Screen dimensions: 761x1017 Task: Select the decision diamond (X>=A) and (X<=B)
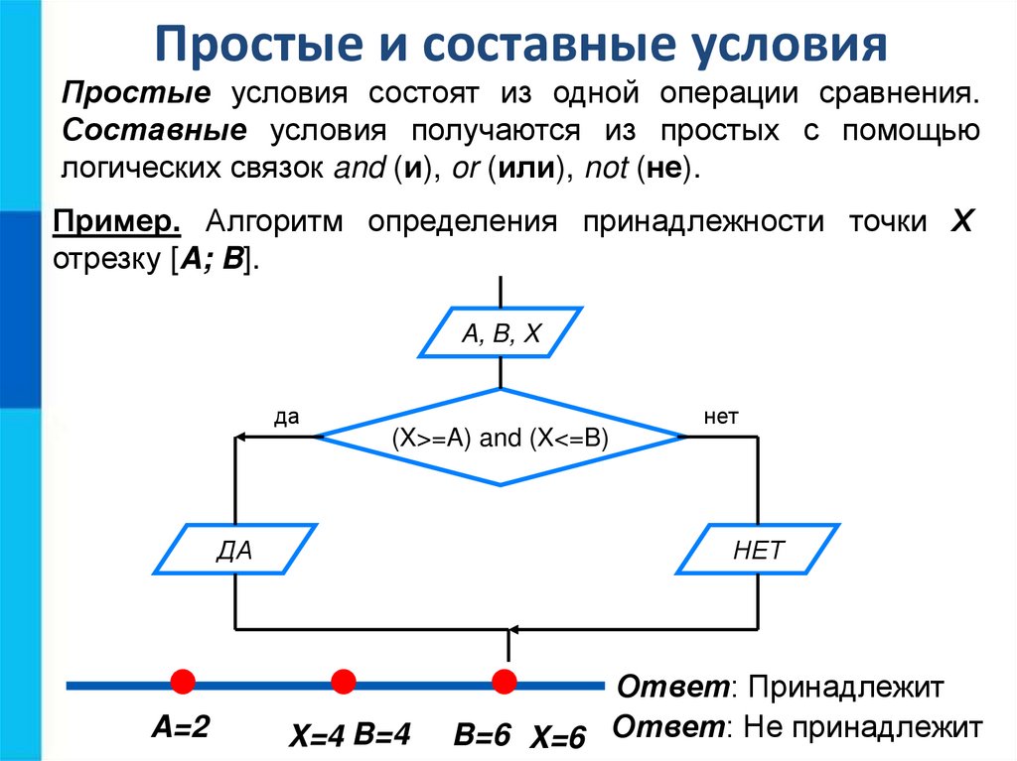(500, 437)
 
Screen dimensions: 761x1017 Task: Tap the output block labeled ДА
(234, 550)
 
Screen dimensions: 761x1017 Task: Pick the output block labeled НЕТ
(758, 550)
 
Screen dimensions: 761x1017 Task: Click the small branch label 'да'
(287, 417)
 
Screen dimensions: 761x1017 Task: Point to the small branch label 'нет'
(721, 417)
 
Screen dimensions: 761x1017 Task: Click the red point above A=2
(182, 681)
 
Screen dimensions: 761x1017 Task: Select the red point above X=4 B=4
(344, 681)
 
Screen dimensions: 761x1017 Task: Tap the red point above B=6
(505, 681)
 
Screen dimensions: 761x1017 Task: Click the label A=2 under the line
(180, 728)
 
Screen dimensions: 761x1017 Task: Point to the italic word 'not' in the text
(606, 168)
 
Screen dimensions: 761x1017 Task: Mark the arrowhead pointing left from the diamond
(239, 437)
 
